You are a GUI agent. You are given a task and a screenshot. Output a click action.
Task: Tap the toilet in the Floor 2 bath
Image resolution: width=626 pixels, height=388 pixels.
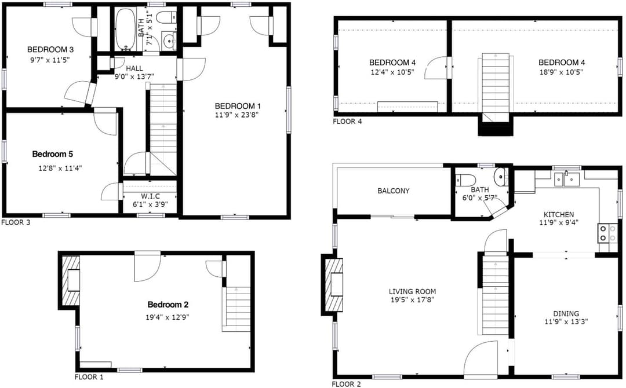coord(465,180)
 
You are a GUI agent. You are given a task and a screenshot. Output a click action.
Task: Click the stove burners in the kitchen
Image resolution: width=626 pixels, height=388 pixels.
coord(602,234)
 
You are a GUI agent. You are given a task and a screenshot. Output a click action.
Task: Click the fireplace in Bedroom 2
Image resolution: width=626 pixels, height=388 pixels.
coord(70,281)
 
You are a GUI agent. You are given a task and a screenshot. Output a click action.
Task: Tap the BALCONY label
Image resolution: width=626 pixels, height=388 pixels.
coord(393,191)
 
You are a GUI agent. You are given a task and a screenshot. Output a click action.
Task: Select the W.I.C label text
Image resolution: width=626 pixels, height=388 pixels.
coord(150,196)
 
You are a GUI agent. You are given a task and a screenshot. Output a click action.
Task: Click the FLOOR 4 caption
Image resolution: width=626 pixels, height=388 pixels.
coord(347,121)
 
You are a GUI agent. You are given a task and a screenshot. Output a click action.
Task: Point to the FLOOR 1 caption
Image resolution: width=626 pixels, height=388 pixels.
coord(89,377)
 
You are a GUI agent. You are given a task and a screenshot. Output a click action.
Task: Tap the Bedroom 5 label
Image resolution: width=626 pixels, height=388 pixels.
coord(52,154)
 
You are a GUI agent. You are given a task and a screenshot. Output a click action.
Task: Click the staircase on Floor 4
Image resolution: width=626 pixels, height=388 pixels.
coord(496,87)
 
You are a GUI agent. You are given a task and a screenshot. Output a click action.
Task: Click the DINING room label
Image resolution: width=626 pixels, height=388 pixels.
coord(566,313)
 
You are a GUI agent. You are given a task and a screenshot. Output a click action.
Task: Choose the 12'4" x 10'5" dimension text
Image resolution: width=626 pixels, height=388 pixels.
coord(392,72)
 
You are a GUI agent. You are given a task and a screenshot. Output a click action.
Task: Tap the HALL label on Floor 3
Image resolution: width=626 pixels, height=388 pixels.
coord(134,68)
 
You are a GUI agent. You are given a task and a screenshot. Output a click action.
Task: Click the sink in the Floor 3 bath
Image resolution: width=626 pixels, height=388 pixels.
coord(170,41)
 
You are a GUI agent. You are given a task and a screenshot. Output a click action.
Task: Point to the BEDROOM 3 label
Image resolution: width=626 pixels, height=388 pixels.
coord(50,50)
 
